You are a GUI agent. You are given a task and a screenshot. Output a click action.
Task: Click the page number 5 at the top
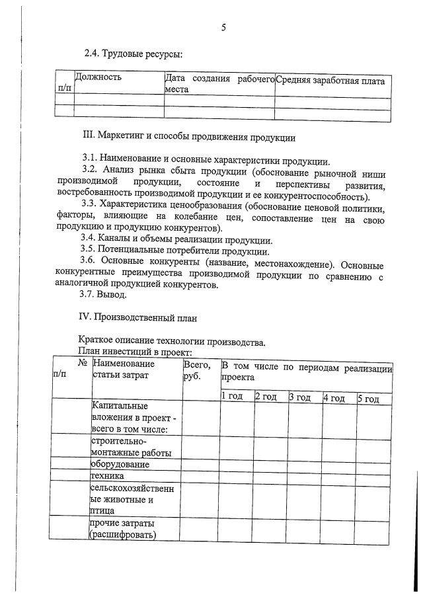[223, 27]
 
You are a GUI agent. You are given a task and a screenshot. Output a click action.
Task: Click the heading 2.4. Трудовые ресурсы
[132, 53]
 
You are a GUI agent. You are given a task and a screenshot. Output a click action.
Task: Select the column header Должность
[98, 77]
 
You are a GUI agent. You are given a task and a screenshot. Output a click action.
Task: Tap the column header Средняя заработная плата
[330, 81]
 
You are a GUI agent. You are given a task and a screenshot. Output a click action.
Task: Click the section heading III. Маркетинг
[188, 138]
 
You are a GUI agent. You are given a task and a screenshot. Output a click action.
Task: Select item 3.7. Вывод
[104, 295]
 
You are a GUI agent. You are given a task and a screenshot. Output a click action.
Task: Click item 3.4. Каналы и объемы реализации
[176, 239]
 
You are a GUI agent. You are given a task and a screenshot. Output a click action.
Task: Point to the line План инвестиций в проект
[134, 352]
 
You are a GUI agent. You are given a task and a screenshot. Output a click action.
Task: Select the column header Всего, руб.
[197, 370]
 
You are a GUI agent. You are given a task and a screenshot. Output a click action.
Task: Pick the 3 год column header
[299, 397]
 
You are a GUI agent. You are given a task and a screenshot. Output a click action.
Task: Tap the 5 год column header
[368, 397]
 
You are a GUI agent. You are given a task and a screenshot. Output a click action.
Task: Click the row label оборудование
[120, 463]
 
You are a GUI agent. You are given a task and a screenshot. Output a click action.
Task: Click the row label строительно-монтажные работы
[131, 446]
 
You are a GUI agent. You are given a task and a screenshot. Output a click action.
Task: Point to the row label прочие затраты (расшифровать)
[123, 529]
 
